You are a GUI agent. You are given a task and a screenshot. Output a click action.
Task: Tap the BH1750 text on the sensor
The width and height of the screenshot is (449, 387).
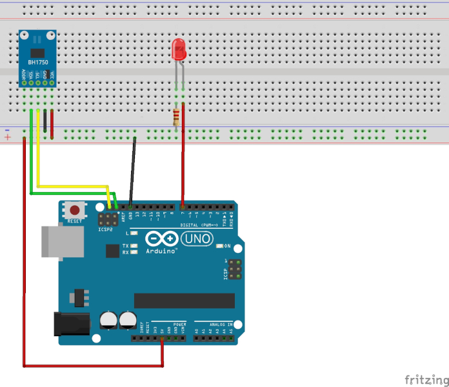point(38,61)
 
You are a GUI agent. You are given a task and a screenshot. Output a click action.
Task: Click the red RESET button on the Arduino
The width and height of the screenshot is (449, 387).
point(76,210)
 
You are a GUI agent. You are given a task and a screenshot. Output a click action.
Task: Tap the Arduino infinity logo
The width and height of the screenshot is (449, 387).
point(161,238)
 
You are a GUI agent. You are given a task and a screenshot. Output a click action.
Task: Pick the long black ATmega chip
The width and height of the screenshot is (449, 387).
point(185,301)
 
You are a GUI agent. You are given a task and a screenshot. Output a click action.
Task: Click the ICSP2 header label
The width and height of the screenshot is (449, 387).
point(105,229)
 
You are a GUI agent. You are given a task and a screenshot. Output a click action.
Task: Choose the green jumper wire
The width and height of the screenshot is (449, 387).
point(31,155)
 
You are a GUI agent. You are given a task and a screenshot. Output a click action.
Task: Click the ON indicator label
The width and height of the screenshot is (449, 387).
point(228,246)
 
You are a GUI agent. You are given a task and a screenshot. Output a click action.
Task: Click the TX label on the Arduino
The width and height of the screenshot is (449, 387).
point(125,246)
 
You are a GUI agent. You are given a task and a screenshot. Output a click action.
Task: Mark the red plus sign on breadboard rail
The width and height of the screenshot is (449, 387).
point(7,137)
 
